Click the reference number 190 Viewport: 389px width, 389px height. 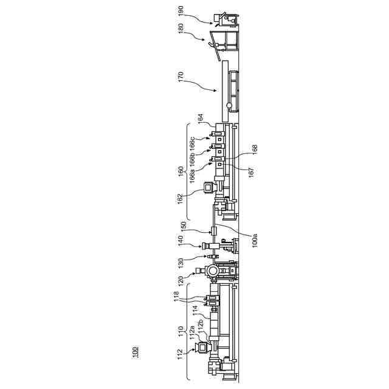180,12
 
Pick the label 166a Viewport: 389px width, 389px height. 192,177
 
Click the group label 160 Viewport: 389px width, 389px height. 180,172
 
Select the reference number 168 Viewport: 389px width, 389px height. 255,148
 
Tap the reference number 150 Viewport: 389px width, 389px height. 180,225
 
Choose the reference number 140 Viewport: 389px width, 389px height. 180,241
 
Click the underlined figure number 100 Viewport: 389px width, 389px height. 135,351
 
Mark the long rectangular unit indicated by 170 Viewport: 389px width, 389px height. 225,88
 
